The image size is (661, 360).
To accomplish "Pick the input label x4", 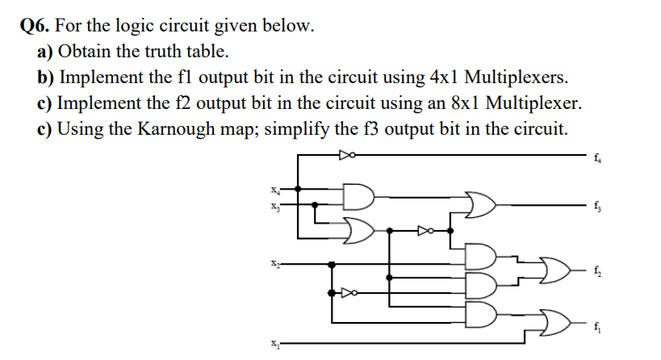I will point(274,190).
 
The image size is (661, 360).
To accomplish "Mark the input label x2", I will point(274,263).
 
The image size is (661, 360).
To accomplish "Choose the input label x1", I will point(274,343).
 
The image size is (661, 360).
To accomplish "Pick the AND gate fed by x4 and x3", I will point(356,196).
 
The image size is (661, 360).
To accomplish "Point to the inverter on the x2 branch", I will point(349,293).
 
